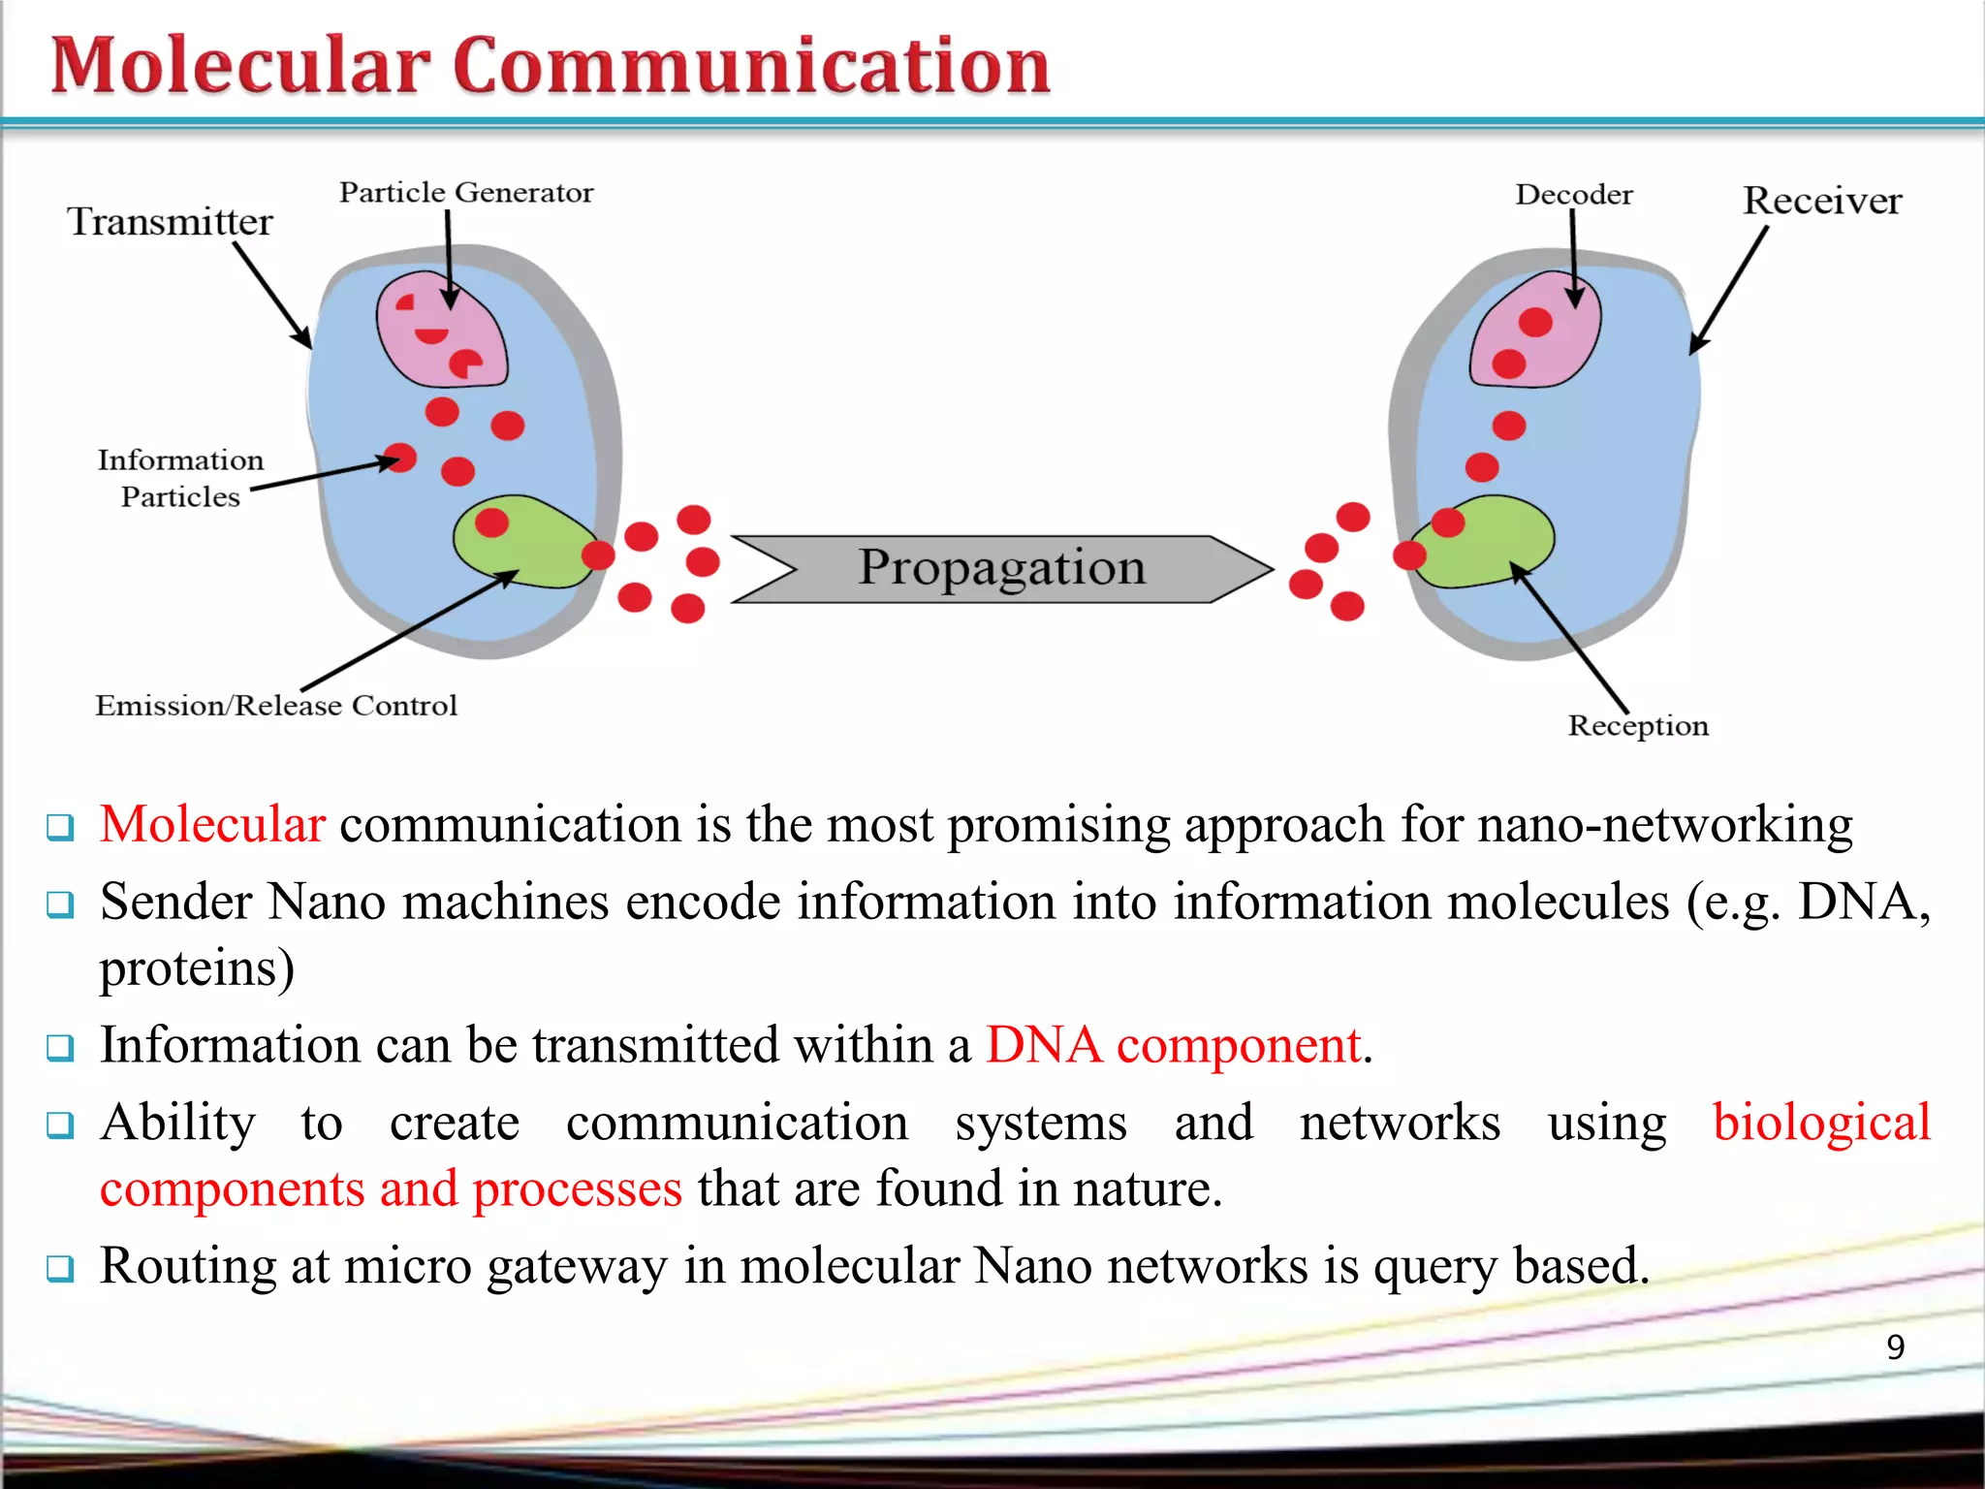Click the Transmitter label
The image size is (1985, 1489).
click(x=170, y=222)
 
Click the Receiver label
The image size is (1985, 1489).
click(x=1821, y=201)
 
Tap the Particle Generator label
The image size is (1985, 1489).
click(x=465, y=192)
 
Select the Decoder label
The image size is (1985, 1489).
click(x=1573, y=195)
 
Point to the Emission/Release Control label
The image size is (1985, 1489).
click(x=275, y=705)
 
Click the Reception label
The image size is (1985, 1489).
click(x=1638, y=725)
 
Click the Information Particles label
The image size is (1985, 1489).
click(x=180, y=478)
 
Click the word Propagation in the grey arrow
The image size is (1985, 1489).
click(x=1001, y=567)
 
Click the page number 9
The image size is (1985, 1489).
click(x=1895, y=1346)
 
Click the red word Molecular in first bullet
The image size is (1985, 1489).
click(x=212, y=825)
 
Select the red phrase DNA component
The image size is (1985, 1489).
click(x=1174, y=1046)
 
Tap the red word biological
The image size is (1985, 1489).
click(x=1821, y=1123)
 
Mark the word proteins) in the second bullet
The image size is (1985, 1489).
click(x=197, y=968)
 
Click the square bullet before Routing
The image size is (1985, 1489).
click(x=60, y=1267)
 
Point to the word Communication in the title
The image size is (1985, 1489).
click(x=751, y=66)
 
